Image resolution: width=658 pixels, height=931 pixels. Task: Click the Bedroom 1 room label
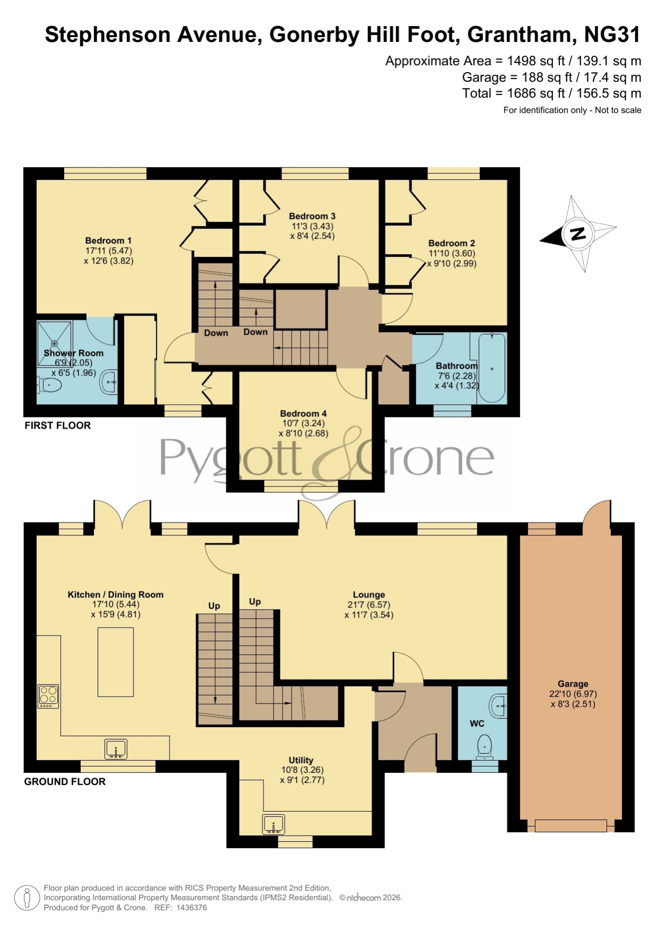coord(108,240)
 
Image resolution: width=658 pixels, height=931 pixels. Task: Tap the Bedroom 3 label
coord(312,216)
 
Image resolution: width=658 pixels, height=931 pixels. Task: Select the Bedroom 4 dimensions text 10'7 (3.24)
coord(303,423)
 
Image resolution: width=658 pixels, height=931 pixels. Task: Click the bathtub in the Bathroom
coord(492,368)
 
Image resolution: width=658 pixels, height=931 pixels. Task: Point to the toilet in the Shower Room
coord(50,385)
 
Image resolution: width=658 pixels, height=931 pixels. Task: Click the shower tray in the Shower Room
coord(54,343)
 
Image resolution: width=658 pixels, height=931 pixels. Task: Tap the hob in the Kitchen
coord(48,696)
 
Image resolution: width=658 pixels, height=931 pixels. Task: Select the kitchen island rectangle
coord(116,662)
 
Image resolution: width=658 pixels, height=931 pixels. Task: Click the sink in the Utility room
coord(274,824)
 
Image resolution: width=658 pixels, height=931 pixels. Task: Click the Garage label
coord(573,684)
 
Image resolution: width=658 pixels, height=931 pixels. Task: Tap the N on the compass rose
coord(577,233)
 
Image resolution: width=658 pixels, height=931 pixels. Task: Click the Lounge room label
coord(369,595)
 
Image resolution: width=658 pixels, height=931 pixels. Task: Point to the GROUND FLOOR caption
coord(65,781)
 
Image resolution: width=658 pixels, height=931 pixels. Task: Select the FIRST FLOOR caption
coord(57,425)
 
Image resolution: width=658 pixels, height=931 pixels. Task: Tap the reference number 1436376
coord(191,908)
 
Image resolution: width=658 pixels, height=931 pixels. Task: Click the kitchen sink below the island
coord(116,749)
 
